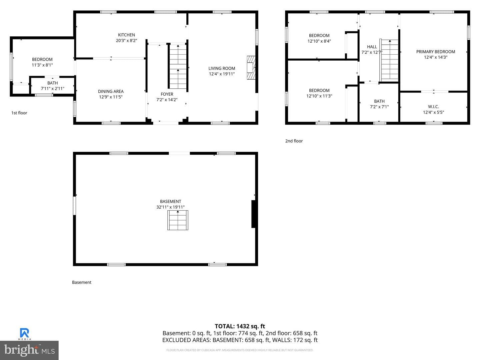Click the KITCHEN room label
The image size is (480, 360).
[126, 35]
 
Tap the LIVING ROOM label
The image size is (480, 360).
[222, 68]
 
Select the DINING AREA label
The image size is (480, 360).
[111, 91]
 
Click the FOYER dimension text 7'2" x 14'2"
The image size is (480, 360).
[167, 100]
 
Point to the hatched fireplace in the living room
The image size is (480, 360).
[251, 68]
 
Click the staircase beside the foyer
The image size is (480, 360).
[178, 66]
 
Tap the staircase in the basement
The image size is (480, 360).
[178, 220]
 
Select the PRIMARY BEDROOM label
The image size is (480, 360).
[436, 52]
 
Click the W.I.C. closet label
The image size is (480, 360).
[433, 107]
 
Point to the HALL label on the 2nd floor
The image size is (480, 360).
[372, 47]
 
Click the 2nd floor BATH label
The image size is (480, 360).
[379, 101]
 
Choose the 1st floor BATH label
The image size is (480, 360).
[52, 83]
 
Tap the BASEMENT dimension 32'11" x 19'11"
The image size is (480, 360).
[170, 207]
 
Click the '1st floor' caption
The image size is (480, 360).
[19, 113]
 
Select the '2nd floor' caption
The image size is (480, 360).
[294, 141]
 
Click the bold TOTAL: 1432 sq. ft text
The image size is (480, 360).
[240, 326]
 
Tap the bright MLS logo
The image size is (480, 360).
[29, 350]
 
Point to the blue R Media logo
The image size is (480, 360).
[24, 334]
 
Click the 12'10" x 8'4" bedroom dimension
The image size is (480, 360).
[319, 41]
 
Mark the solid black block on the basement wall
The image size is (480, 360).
[253, 214]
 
